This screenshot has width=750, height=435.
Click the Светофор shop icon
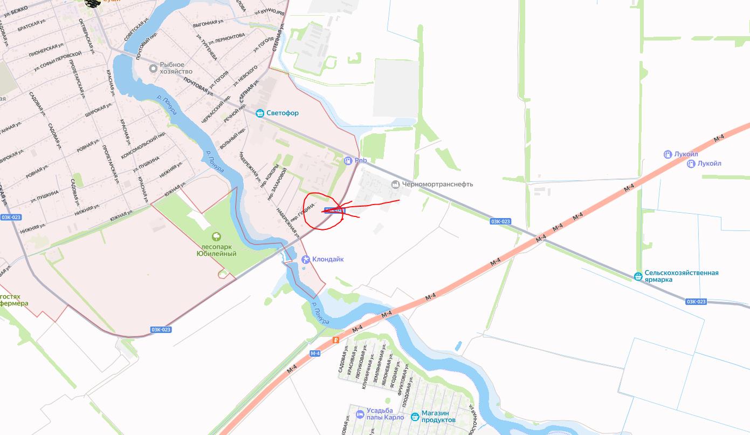pyautogui.click(x=260, y=113)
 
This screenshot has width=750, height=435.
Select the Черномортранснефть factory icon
pyautogui.click(x=396, y=184)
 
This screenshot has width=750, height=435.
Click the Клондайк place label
pyautogui.click(x=327, y=259)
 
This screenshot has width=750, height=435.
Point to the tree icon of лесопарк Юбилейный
pyautogui.click(x=216, y=236)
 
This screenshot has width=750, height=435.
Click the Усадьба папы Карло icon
pyautogui.click(x=360, y=414)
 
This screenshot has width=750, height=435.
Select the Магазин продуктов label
pyautogui.click(x=438, y=417)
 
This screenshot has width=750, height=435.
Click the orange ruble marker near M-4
pyautogui.click(x=336, y=340)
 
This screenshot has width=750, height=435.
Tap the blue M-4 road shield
pyautogui.click(x=315, y=354)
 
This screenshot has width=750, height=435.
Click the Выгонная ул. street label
pyautogui.click(x=208, y=23)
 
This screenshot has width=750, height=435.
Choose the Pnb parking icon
pyautogui.click(x=348, y=160)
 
